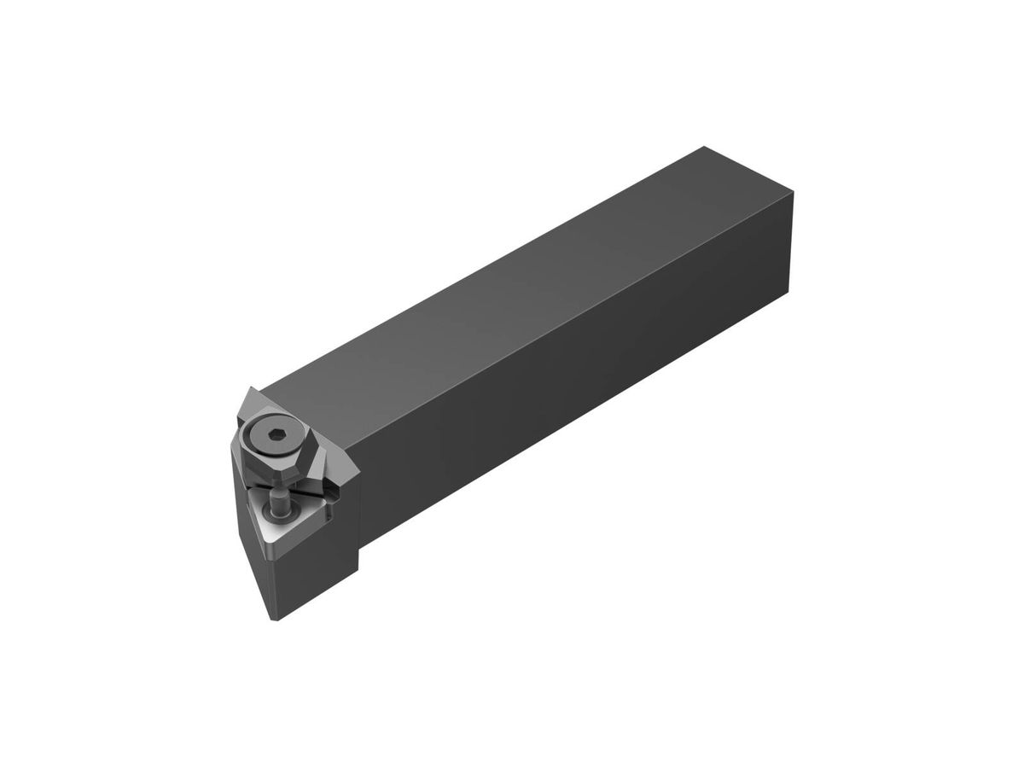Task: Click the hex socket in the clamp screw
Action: coord(276,437)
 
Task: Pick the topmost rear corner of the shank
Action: coord(701,147)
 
